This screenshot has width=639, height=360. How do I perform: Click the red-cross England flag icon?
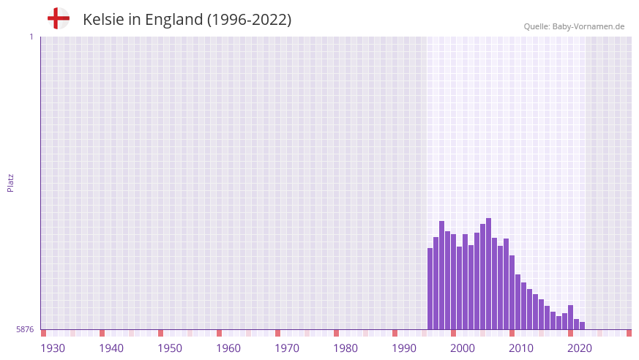pos(58,18)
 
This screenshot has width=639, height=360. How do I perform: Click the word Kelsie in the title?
pos(102,20)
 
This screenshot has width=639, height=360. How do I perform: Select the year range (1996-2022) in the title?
pos(249,20)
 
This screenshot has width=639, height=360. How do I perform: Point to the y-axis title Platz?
pos(10,183)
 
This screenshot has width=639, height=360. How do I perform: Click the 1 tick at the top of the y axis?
pos(31,37)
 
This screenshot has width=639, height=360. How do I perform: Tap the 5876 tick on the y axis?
pos(25,329)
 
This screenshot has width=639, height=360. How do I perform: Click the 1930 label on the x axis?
pos(53,348)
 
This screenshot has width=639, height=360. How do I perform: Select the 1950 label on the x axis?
pos(170,348)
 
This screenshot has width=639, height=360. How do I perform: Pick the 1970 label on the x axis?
pos(287,348)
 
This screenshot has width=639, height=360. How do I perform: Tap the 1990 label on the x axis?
pos(404,348)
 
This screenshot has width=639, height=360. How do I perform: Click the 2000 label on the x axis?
pos(463,348)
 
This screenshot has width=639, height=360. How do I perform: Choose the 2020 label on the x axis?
pos(580,348)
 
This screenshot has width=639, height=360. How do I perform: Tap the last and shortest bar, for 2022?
pos(583,326)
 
